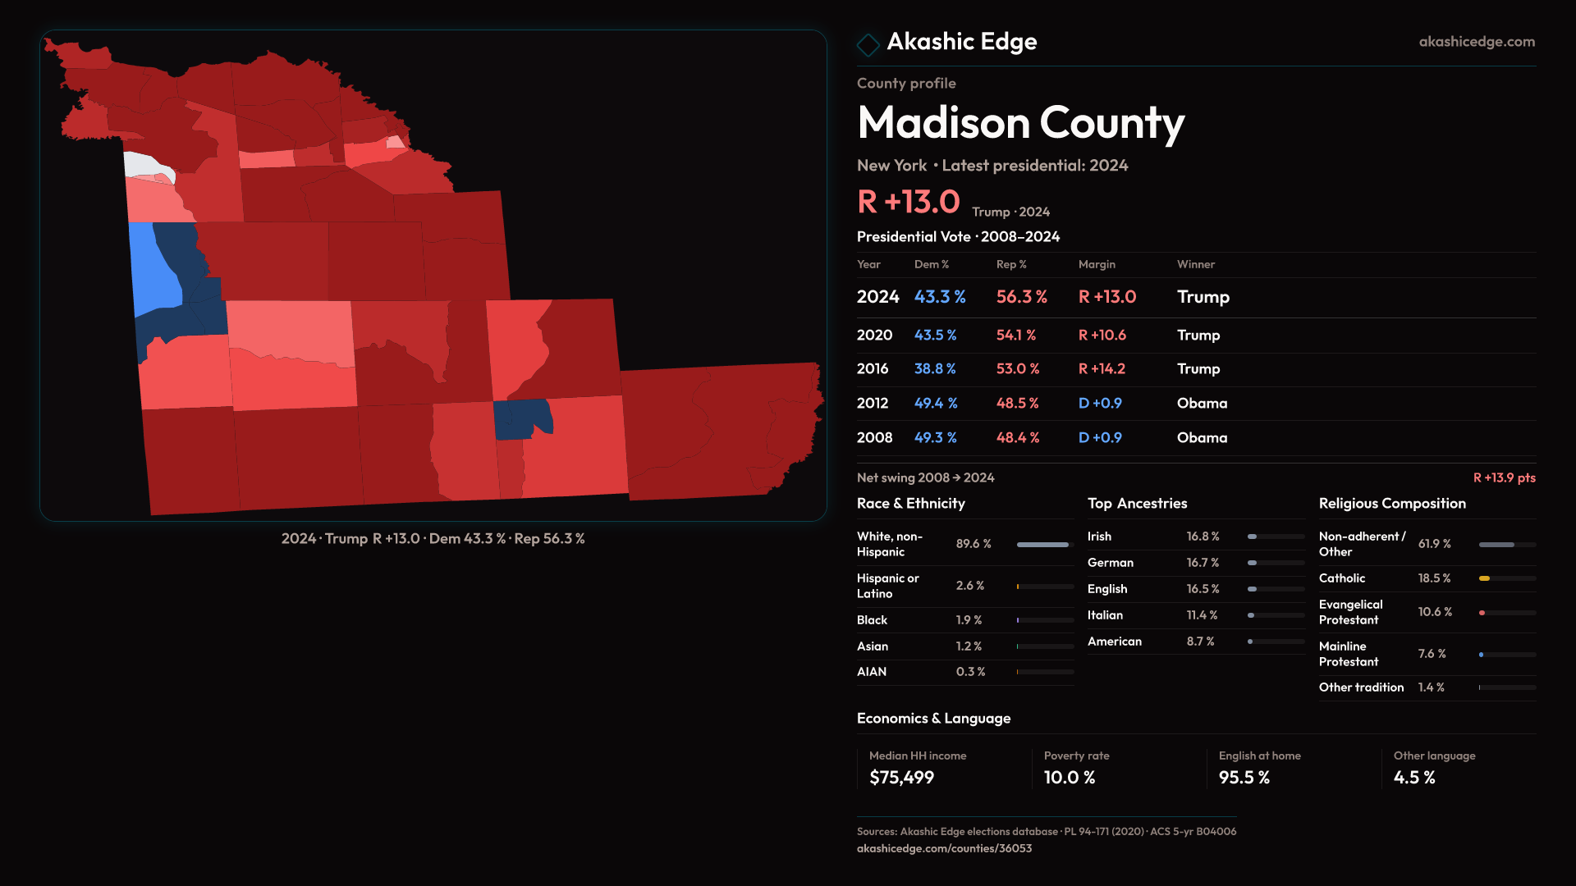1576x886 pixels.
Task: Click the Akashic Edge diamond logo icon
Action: tap(868, 43)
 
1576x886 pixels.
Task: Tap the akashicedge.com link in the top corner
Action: tap(1476, 42)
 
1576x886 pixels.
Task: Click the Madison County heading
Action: tap(1020, 123)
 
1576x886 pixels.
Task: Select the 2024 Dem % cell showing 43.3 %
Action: tap(940, 297)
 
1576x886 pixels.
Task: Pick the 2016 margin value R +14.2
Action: tap(1102, 369)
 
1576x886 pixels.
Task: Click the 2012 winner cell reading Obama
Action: tap(1202, 404)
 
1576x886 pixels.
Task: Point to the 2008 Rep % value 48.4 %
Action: tap(1017, 438)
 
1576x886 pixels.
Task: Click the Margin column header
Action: tap(1097, 264)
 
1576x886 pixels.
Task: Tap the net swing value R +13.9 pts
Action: tap(1504, 477)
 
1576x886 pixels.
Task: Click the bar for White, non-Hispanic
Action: tap(1042, 545)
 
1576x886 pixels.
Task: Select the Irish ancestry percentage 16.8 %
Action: tap(1203, 537)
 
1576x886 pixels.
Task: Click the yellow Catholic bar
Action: tap(1484, 578)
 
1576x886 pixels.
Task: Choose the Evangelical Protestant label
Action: tap(1350, 612)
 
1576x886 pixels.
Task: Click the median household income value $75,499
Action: tap(901, 778)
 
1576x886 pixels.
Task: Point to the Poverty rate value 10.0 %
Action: tap(1069, 778)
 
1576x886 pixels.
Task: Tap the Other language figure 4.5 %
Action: tap(1413, 778)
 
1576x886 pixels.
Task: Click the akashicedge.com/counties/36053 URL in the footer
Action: tap(944, 848)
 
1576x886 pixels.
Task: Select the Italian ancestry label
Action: tap(1105, 615)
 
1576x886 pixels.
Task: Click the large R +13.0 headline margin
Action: tap(908, 202)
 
